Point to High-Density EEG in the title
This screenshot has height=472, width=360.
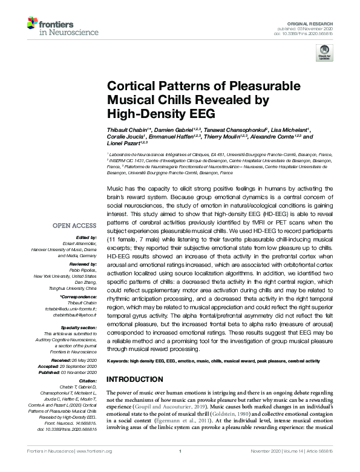(148, 113)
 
